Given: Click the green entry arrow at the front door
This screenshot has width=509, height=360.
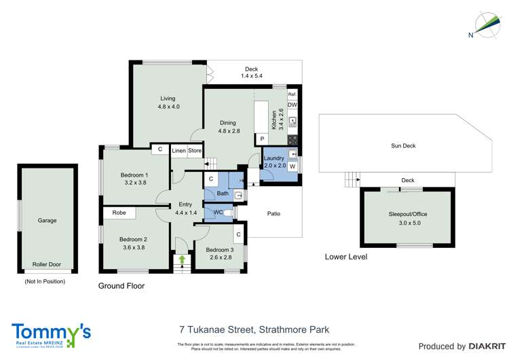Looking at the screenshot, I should point(181,259).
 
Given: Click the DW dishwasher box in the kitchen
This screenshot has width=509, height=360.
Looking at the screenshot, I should point(292,105).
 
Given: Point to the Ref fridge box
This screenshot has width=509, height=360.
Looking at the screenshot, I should point(292,94).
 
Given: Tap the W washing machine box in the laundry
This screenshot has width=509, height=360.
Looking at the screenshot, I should point(293,166).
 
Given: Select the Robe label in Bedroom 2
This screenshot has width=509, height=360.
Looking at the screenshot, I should point(119,213).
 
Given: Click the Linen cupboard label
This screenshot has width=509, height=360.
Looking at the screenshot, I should point(178,150).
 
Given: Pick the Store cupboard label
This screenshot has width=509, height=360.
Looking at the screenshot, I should point(195,150).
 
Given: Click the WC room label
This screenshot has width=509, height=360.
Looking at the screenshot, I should point(218,213).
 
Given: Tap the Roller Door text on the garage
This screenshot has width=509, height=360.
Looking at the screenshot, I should point(47,265).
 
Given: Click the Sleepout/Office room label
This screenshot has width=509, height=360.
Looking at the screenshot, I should point(405,214).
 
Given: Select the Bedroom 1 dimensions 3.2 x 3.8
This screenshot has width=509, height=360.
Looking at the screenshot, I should point(136,183).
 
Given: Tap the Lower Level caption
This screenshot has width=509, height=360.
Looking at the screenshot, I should point(346,257).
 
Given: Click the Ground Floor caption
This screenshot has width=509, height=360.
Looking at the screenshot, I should point(121,286).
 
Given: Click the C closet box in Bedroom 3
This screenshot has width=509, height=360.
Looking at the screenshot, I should point(238,235).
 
